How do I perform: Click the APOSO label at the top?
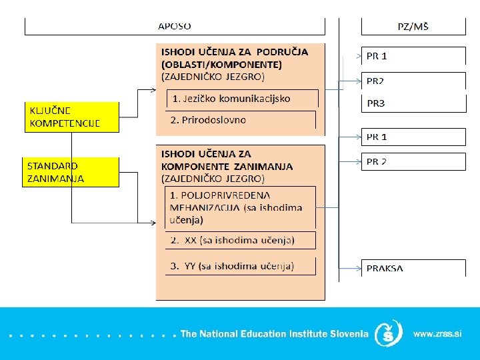174,27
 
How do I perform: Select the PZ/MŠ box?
413,27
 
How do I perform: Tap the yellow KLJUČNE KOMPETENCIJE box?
71,117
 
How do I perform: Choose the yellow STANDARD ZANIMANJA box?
71,172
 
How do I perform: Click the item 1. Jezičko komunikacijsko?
231,99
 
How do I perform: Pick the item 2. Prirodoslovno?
209,120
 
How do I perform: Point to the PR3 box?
413,103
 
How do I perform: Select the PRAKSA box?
413,268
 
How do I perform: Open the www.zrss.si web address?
437,333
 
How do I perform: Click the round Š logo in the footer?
388,334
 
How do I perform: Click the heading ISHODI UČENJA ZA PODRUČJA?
234,52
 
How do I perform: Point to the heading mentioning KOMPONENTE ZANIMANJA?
227,160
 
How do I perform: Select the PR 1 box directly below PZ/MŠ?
413,56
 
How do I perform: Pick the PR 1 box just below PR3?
413,137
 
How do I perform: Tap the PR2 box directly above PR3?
413,81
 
